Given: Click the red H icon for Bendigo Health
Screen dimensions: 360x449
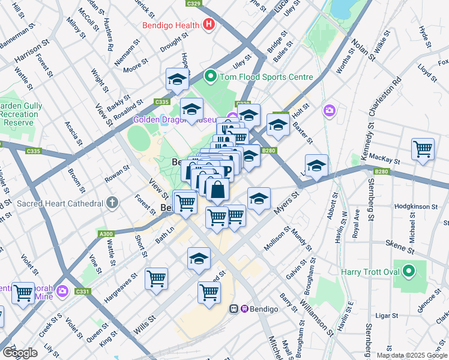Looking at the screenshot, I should click(209, 25).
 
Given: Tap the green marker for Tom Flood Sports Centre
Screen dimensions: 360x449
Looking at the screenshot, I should click(210, 77).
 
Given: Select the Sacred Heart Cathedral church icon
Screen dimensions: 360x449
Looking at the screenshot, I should click(112, 203).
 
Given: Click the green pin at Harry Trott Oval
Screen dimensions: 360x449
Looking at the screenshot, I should click(409, 272).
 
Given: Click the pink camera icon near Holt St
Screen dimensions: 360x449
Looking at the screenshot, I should click(329, 110).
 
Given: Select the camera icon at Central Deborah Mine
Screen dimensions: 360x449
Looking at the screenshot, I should click(63, 292).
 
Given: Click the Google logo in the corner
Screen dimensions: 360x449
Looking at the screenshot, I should click(20, 353).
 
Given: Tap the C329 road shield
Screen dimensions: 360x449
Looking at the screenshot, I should click(194, 3).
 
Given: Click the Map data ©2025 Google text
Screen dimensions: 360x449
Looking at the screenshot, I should click(411, 355).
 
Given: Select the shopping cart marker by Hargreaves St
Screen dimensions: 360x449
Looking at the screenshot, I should click(157, 278).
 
